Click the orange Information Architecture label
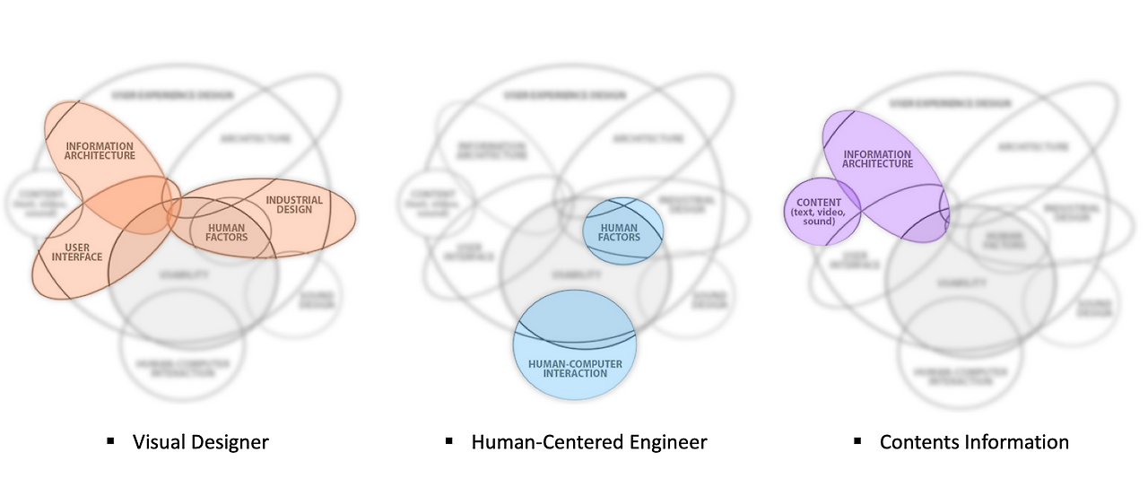(100, 151)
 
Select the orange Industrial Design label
(289, 204)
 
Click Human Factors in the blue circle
(619, 233)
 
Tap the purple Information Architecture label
(878, 160)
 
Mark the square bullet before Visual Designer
(110, 440)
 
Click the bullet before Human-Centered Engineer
(448, 440)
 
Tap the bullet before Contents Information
(857, 440)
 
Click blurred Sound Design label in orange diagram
(317, 299)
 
